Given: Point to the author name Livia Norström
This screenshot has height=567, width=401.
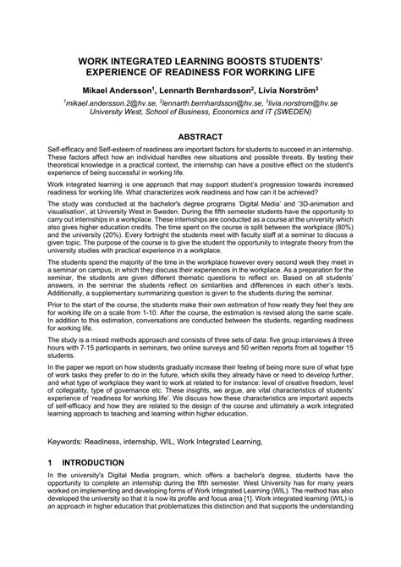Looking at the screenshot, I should pos(288,89).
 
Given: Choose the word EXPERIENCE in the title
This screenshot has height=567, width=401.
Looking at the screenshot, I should pos(114,73).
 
